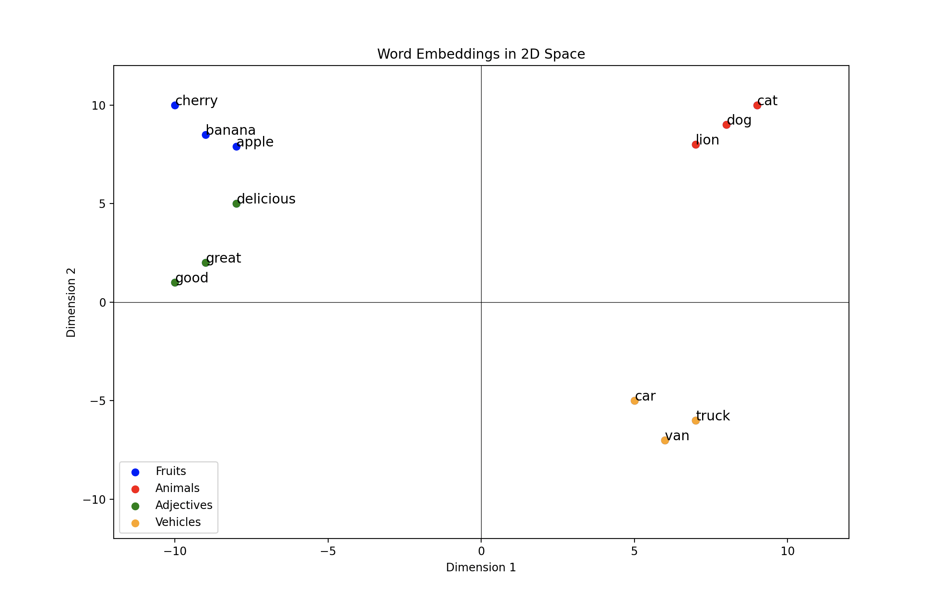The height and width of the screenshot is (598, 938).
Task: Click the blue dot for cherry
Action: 175,105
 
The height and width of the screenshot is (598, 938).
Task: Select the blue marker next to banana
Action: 206,135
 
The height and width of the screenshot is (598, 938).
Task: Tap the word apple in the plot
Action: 255,142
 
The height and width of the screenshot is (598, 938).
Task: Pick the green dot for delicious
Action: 236,204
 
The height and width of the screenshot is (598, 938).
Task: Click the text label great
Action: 223,258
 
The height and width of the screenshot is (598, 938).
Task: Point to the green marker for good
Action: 175,282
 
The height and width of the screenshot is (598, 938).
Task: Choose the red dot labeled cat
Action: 757,105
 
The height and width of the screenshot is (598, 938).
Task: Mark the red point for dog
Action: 726,125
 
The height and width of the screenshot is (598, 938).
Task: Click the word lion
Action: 707,140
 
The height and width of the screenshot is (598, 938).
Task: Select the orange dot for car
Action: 635,401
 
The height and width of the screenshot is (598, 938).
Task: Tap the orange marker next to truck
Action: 696,420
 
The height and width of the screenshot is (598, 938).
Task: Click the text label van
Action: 677,436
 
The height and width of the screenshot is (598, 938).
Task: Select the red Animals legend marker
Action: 136,489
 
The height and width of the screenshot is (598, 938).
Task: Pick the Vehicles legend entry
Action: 178,522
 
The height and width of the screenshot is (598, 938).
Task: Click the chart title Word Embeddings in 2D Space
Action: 481,54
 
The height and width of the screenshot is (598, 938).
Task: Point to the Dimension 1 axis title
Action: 481,568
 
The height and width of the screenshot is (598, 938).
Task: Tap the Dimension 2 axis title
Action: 71,302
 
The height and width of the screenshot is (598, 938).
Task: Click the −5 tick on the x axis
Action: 328,551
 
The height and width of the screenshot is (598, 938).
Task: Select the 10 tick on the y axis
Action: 98,106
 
